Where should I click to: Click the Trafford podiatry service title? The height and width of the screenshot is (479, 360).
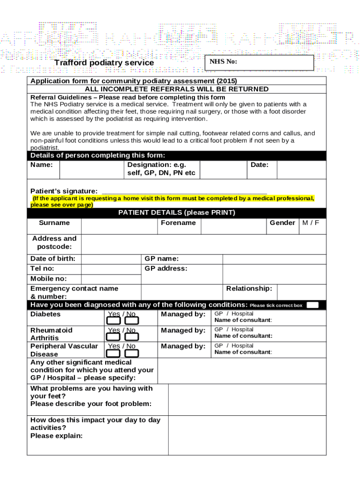[x=104, y=63]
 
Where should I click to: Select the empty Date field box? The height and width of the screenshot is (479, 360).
[x=301, y=169]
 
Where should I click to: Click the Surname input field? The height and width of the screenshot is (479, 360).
[x=119, y=226]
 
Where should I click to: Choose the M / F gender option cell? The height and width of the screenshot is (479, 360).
[x=311, y=223]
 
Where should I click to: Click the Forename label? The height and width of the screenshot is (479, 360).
[x=178, y=223]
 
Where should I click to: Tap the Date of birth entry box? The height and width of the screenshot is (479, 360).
[x=111, y=259]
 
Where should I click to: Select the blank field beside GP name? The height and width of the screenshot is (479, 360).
[x=274, y=259]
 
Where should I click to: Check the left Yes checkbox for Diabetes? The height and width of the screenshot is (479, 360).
[x=114, y=321]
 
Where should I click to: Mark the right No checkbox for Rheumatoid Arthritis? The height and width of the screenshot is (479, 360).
[x=132, y=337]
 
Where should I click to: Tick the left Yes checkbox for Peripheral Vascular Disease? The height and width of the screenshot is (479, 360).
[x=114, y=353]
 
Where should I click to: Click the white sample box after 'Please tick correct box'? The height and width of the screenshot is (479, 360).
[x=312, y=305]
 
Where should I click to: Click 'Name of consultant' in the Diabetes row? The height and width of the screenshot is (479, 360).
[x=243, y=320]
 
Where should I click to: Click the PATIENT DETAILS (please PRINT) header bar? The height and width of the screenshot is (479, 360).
[x=177, y=213]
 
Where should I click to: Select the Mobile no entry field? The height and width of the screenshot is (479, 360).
[x=111, y=279]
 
